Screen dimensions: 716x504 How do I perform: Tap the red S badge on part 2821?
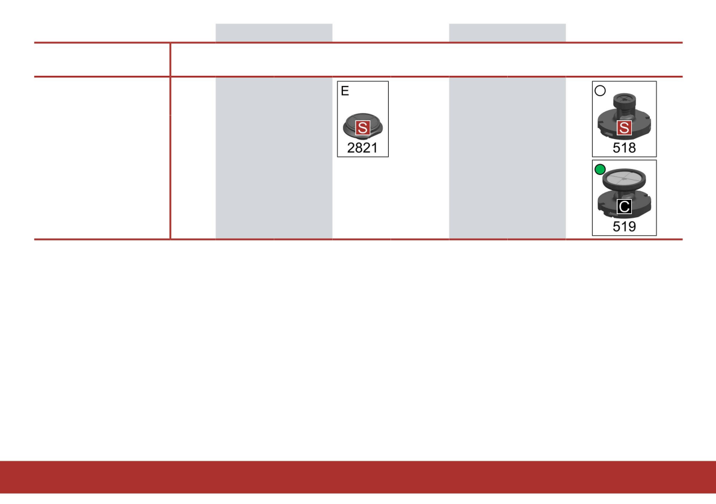pos(362,128)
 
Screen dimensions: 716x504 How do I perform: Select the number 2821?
pos(362,147)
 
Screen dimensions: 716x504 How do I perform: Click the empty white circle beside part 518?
pos(599,91)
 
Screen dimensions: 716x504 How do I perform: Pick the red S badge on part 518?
pos(625,128)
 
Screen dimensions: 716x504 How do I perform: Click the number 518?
pos(624,147)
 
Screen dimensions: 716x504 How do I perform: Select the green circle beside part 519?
pos(599,170)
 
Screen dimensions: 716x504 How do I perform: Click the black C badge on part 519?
pos(625,207)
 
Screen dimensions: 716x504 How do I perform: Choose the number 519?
pos(624,226)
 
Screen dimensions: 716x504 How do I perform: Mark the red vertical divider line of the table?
pos(171,156)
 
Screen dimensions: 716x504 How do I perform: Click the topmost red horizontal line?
pos(358,43)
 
